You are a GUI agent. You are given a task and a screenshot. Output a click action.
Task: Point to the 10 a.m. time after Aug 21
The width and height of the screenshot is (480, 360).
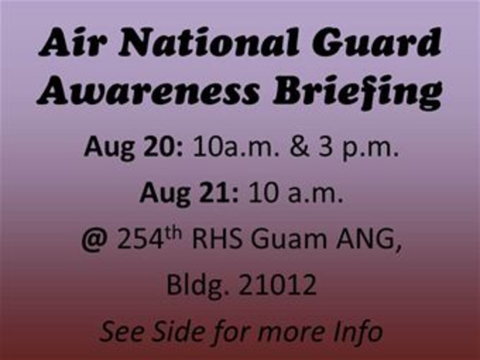tap(296, 194)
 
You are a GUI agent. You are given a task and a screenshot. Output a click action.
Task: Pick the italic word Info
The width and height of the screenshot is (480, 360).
tap(356, 331)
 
